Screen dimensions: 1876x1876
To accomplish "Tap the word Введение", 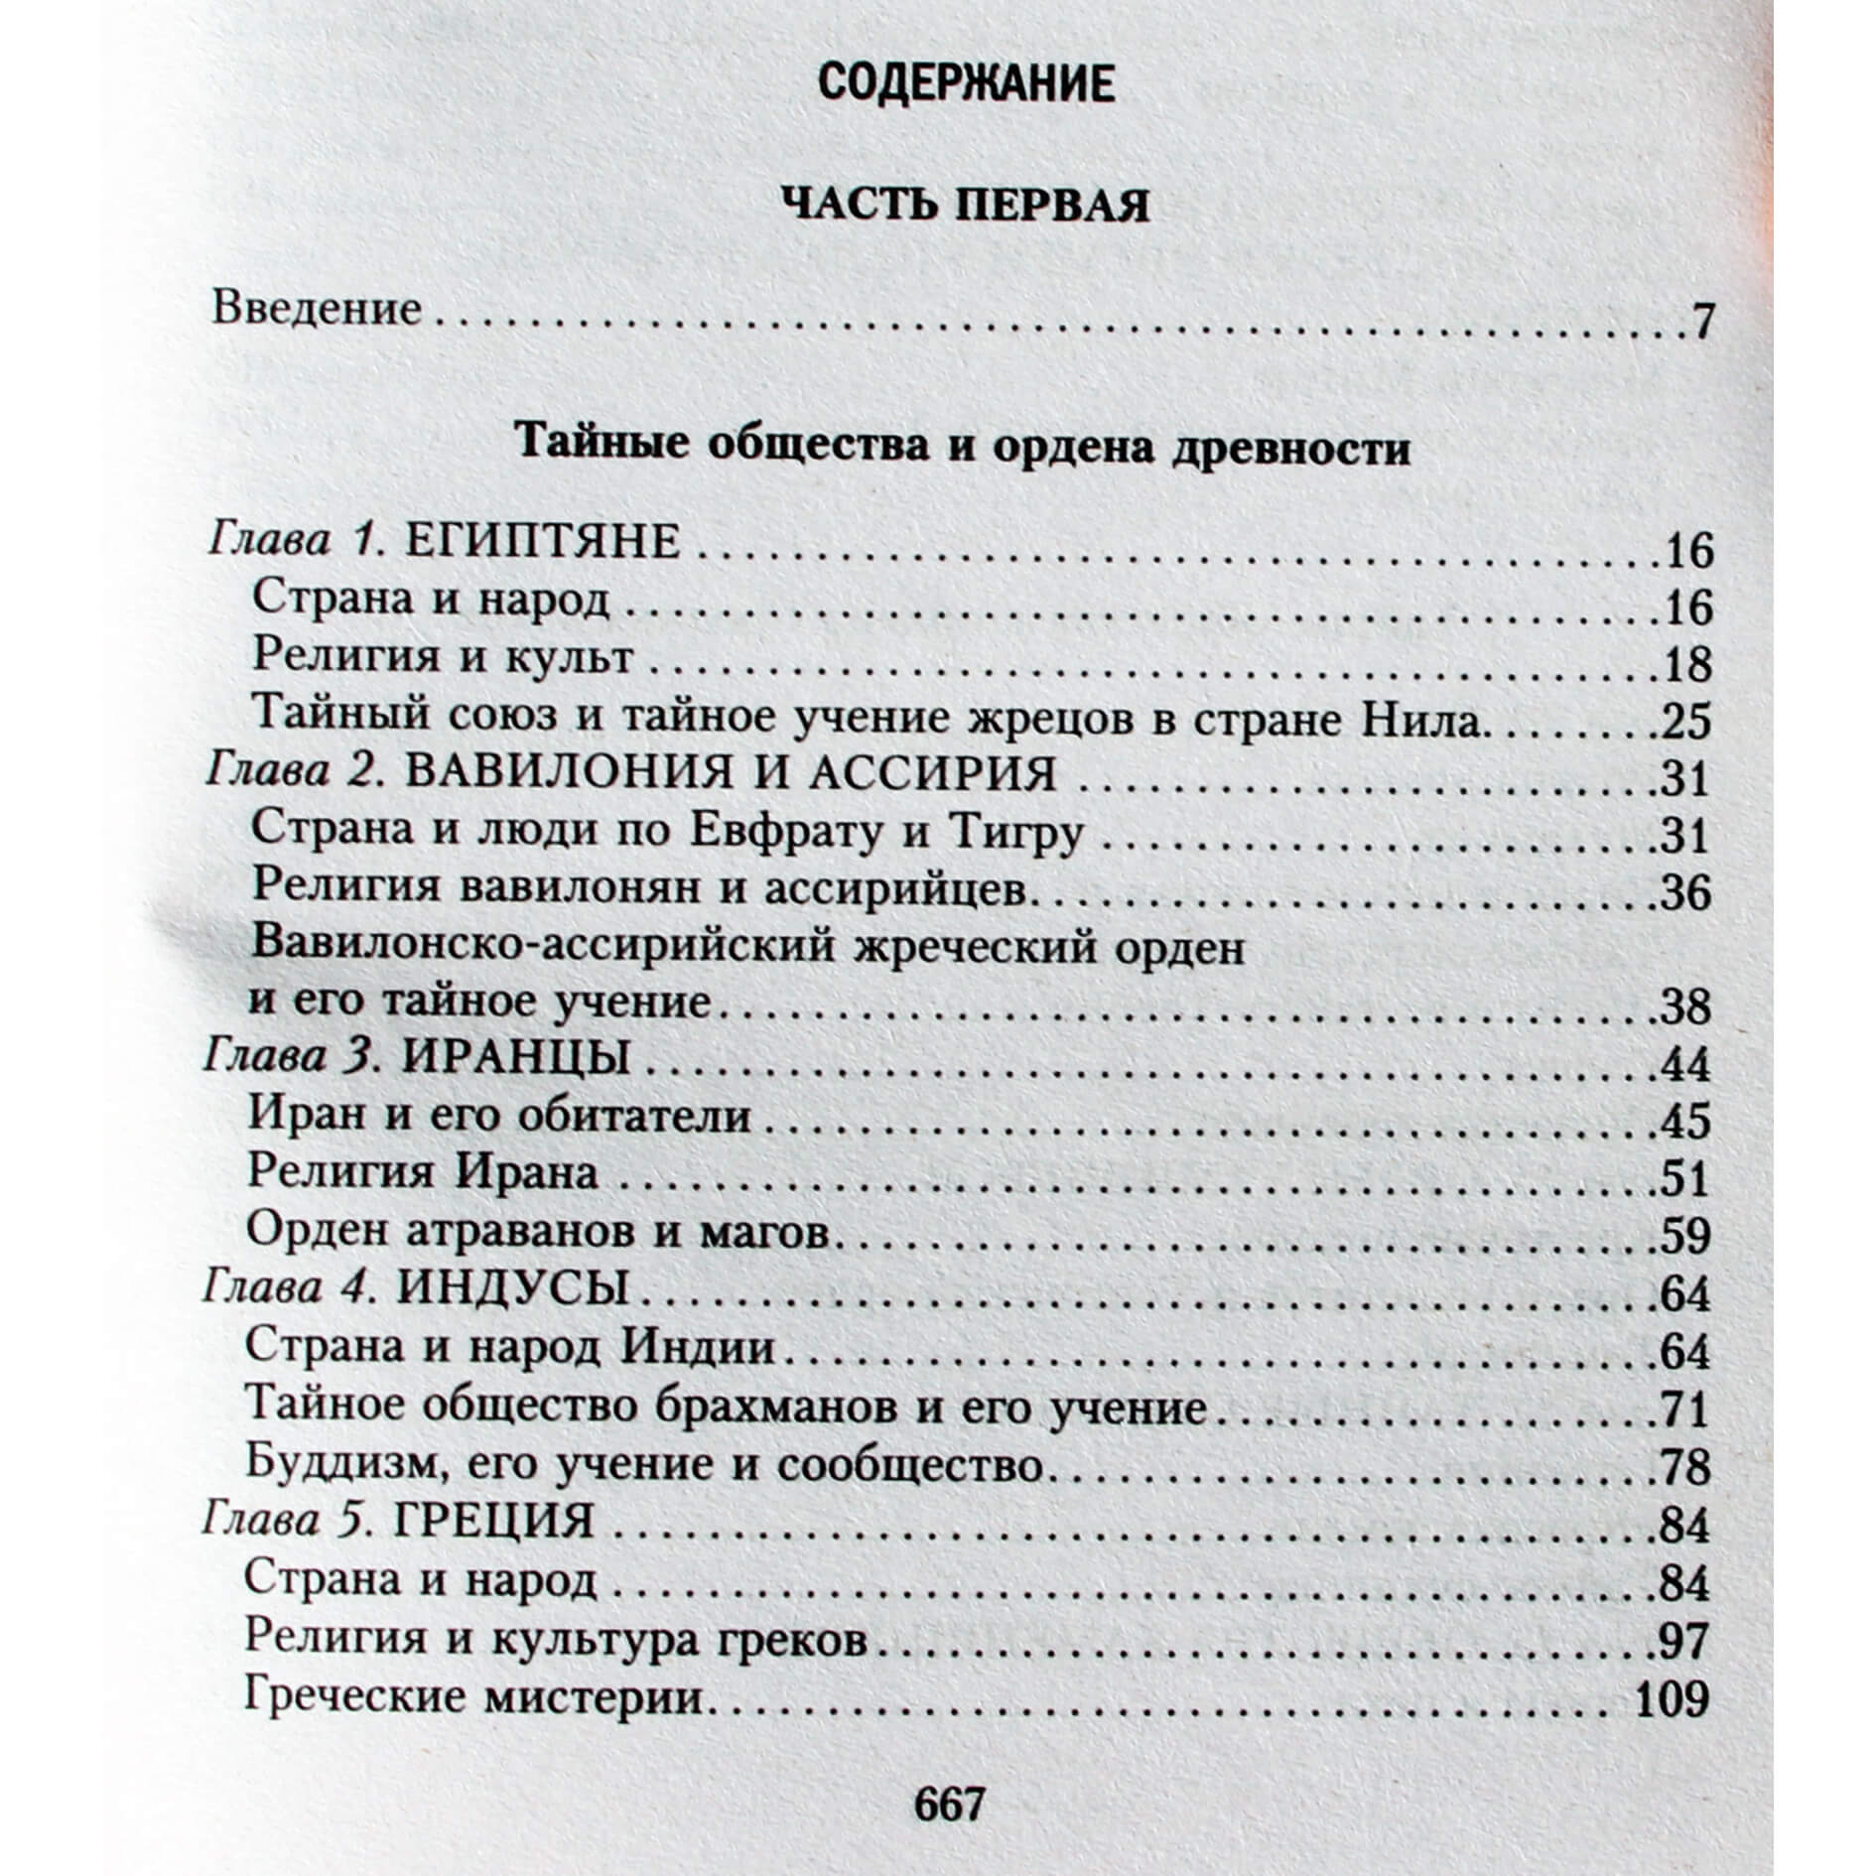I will point(318,311).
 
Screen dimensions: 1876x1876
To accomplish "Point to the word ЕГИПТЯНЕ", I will point(545,544).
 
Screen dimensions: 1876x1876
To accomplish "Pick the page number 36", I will point(1685,892).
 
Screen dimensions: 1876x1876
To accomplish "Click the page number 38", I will point(1685,1007).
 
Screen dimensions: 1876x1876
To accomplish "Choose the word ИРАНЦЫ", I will point(517,1060).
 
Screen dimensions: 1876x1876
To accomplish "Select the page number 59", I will point(1685,1236).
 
